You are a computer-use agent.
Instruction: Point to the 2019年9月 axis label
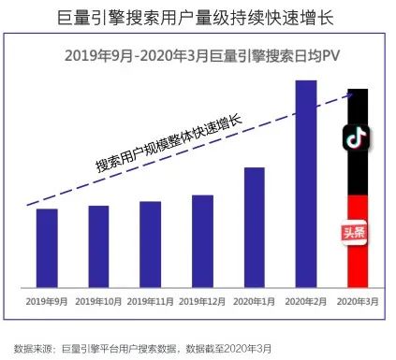(x=47, y=301)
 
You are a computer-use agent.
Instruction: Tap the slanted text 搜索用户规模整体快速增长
(x=169, y=143)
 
